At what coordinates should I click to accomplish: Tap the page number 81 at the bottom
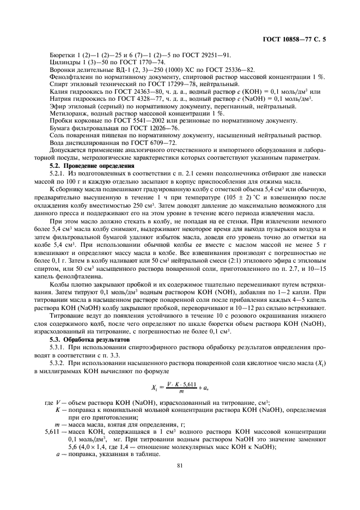point(180,465)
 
